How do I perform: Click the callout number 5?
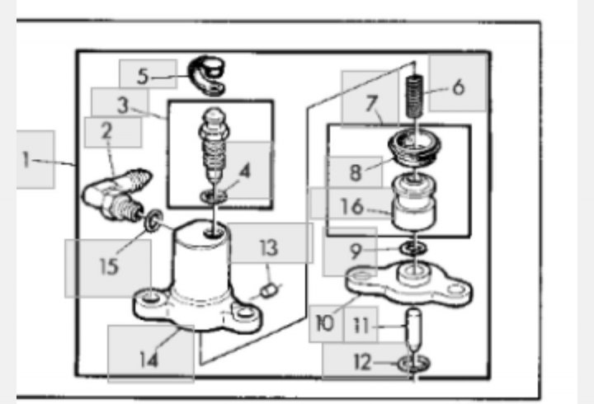pos(143,76)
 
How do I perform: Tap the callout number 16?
pos(352,206)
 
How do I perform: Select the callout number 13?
pos(269,248)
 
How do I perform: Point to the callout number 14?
pos(148,359)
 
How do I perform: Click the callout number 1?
pos(26,159)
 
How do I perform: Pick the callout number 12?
pos(362,362)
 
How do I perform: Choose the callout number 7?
pos(371,103)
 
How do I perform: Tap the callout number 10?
pos(325,323)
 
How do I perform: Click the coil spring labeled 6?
pos(415,96)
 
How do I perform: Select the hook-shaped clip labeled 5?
pos(206,76)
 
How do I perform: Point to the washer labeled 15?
pos(153,219)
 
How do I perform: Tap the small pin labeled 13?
pos(269,291)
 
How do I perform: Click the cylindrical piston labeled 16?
pos(413,203)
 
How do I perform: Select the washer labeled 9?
pos(413,249)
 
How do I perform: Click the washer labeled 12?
pos(413,364)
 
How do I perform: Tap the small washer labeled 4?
pos(214,196)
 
